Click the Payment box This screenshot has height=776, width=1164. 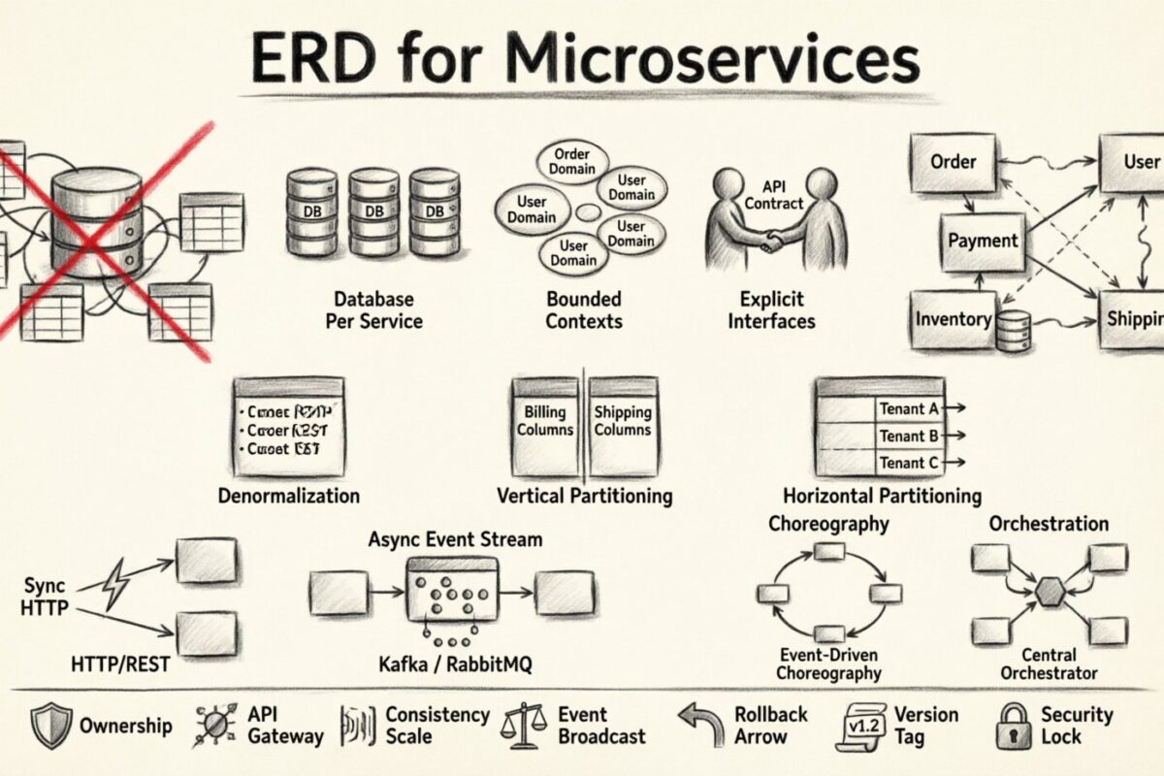pyautogui.click(x=983, y=242)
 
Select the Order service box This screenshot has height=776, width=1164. pyautogui.click(x=953, y=162)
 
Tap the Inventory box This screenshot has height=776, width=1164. pyautogui.click(x=954, y=319)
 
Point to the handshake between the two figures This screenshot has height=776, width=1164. pyautogui.click(x=773, y=240)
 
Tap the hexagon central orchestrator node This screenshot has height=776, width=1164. pyautogui.click(x=1050, y=592)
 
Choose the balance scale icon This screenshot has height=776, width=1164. pyautogui.click(x=524, y=725)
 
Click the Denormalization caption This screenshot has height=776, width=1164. pyautogui.click(x=288, y=496)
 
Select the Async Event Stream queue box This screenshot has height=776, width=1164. pyautogui.click(x=452, y=589)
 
